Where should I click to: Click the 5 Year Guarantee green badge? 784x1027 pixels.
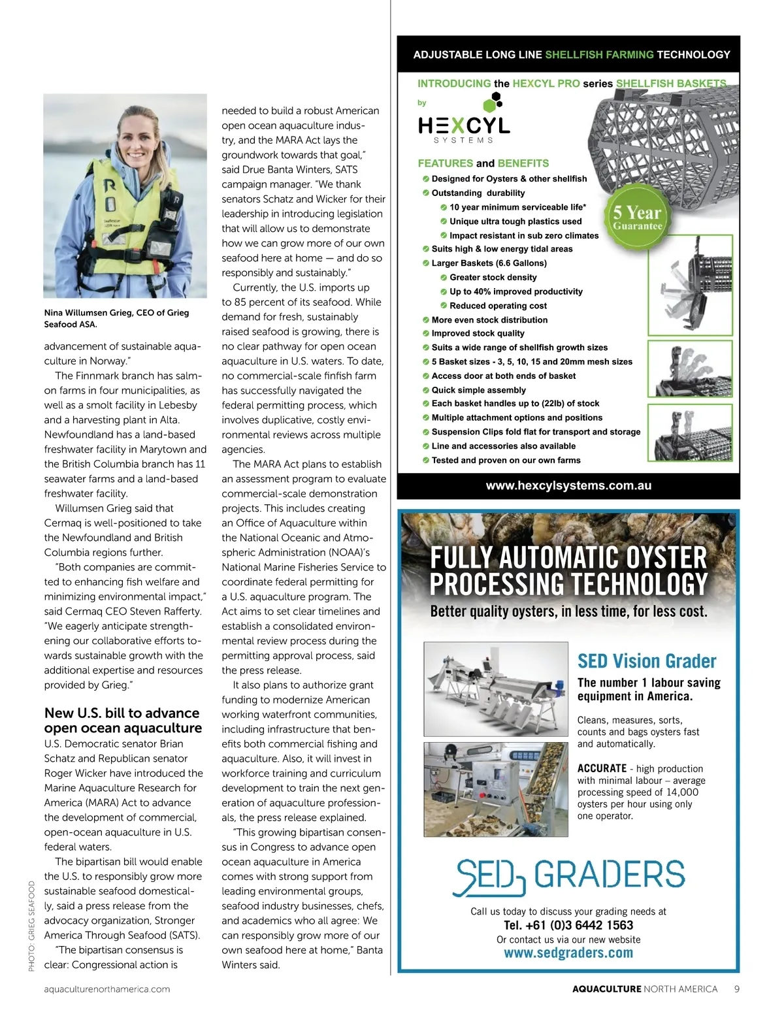(x=637, y=217)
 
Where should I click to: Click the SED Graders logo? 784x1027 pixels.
(x=568, y=875)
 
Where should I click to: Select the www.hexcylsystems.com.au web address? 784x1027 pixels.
(x=568, y=485)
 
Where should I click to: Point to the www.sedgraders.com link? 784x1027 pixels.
(x=568, y=953)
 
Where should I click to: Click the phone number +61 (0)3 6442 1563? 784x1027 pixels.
(x=568, y=925)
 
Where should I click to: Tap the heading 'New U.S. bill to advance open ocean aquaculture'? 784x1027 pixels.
(x=123, y=721)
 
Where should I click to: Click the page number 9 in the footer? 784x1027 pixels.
(x=737, y=989)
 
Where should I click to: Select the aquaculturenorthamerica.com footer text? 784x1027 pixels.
(x=107, y=989)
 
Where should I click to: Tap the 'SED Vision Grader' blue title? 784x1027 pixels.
(x=647, y=661)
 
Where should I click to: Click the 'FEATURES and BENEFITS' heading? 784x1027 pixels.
(x=483, y=163)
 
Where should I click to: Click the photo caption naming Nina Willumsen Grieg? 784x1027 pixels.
(x=116, y=318)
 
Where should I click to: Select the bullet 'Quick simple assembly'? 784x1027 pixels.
(x=478, y=390)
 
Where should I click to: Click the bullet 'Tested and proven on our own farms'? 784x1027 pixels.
(x=506, y=460)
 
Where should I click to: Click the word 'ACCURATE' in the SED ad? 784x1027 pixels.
(x=602, y=769)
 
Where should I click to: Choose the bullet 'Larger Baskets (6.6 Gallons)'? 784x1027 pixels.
(x=489, y=263)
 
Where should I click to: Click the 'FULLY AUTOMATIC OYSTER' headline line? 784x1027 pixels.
(x=568, y=558)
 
